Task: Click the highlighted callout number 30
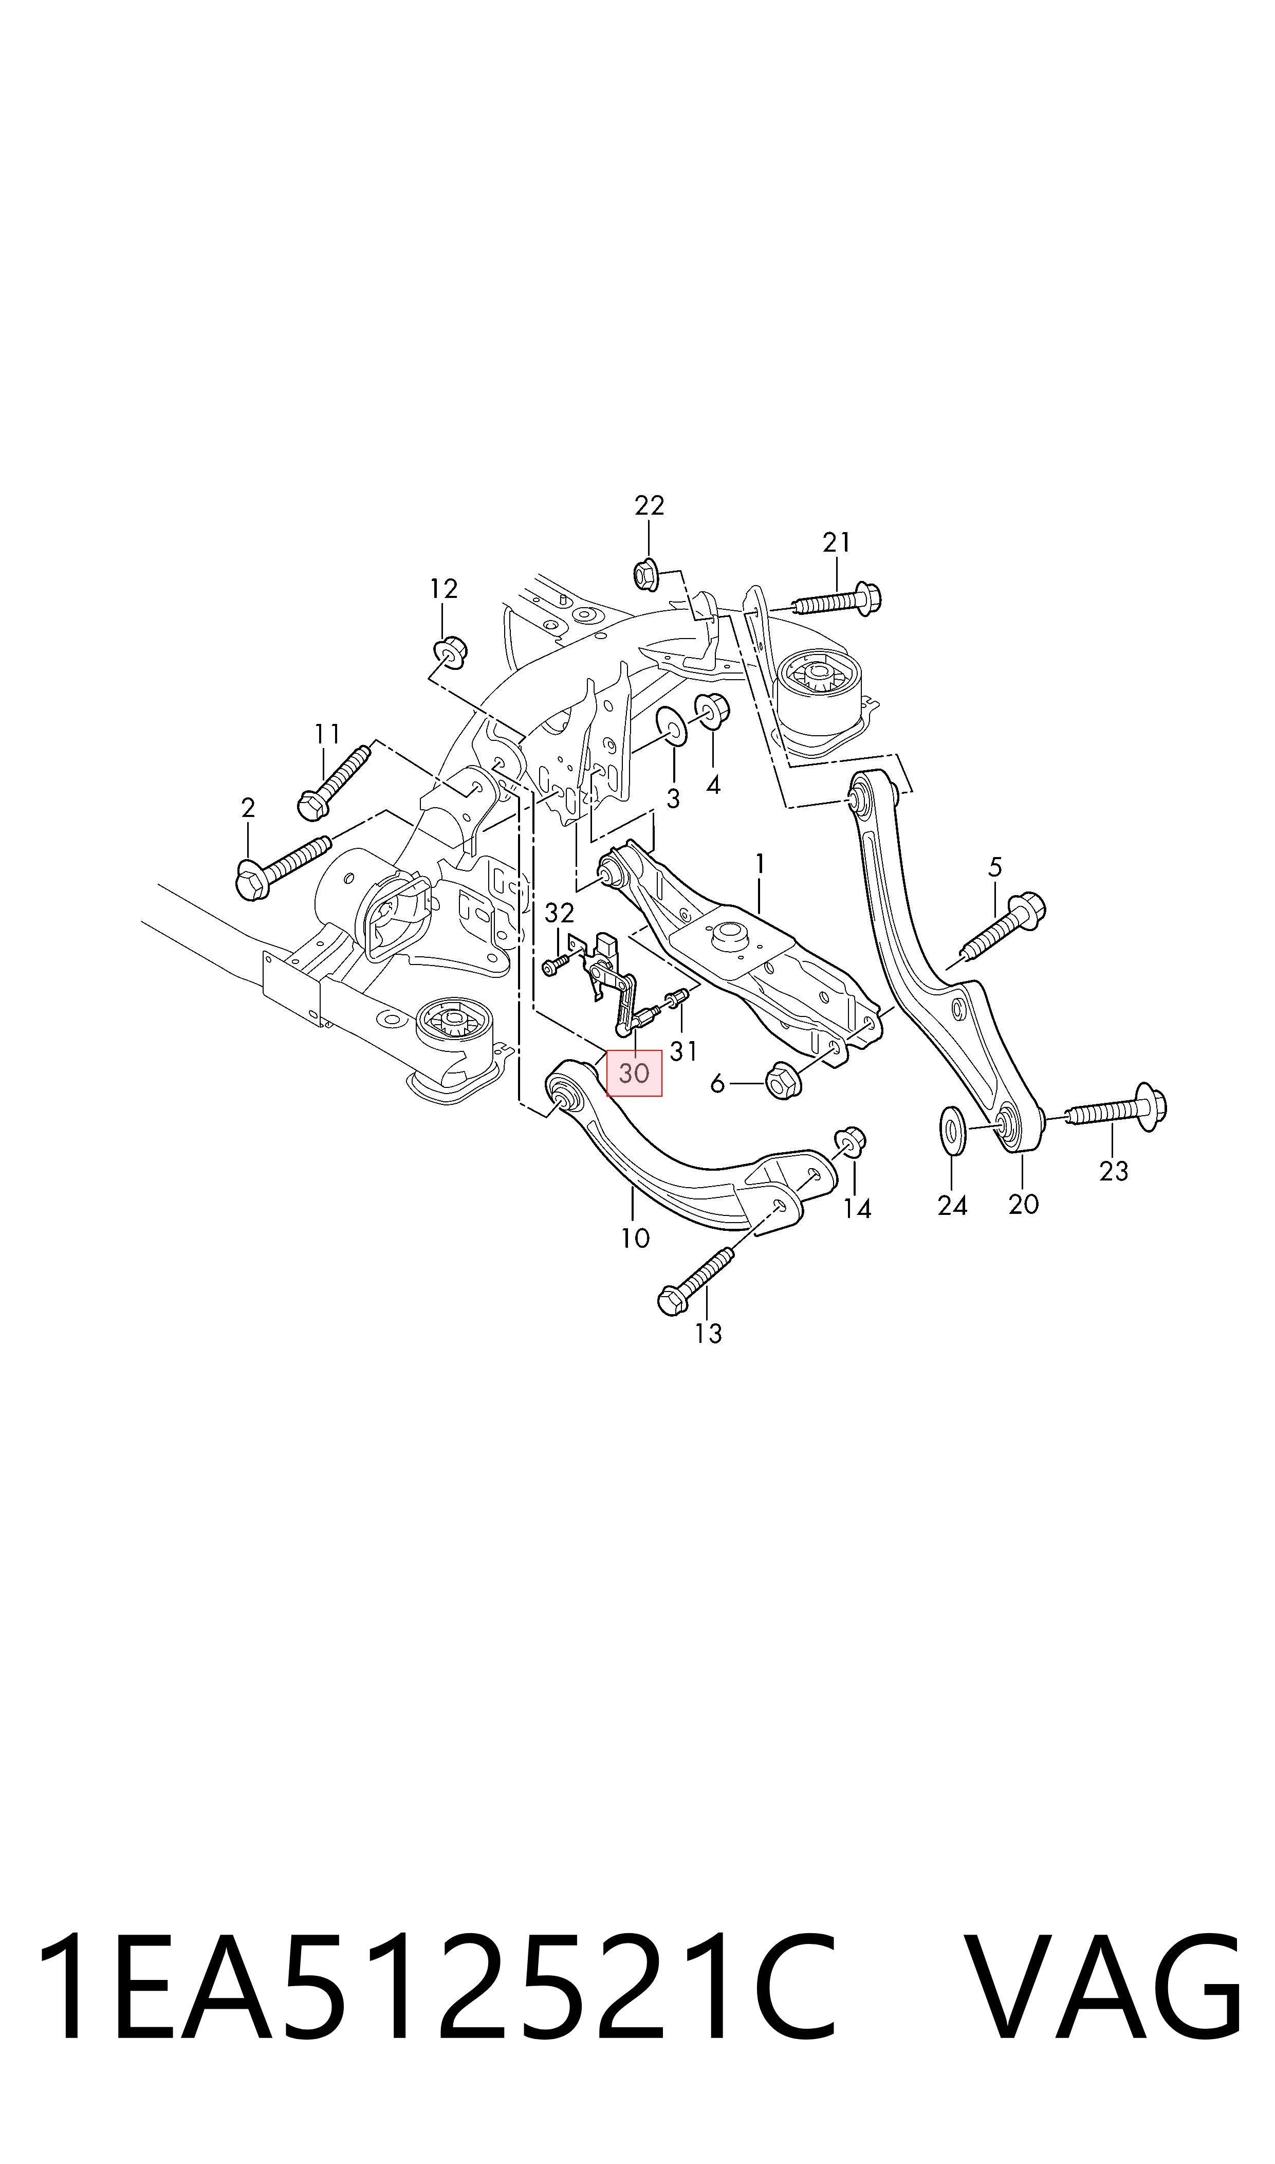634,1074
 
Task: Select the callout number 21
837,542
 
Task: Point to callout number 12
444,589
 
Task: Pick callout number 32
559,913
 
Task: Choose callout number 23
1114,1171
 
